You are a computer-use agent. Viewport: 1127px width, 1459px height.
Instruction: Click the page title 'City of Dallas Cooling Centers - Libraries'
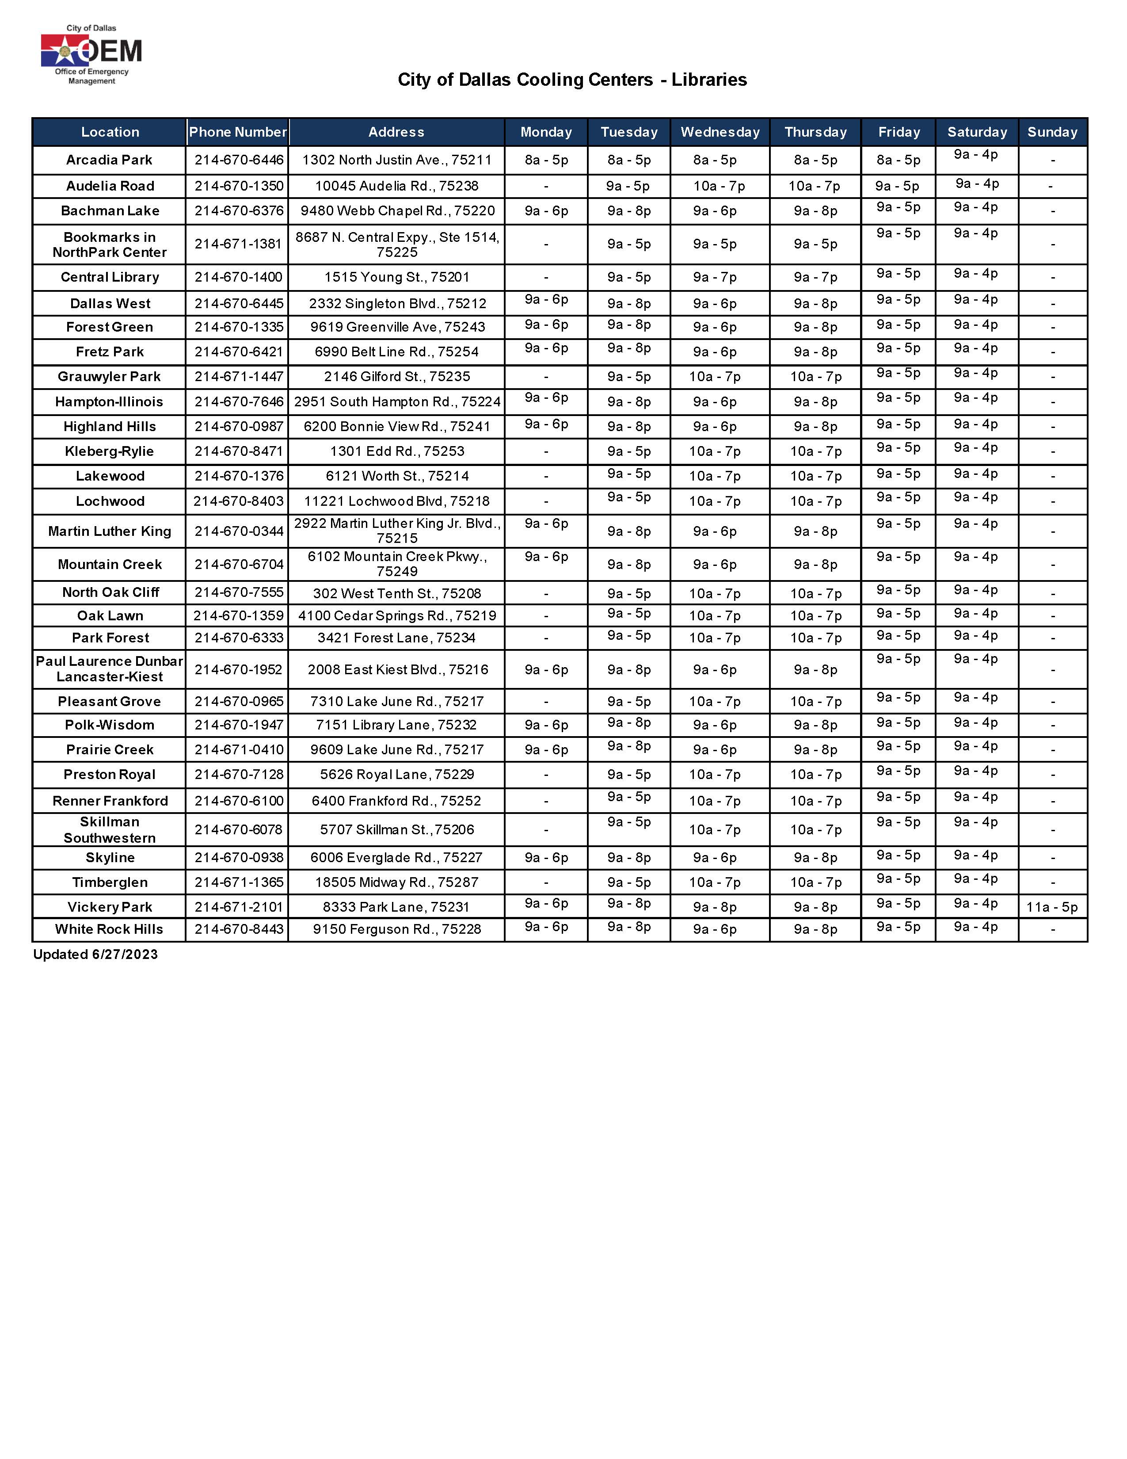click(572, 80)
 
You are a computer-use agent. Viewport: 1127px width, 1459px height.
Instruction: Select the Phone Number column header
click(238, 132)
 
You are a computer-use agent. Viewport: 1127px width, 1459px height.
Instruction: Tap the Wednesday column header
click(720, 132)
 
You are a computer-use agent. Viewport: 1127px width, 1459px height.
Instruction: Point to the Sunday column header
click(1052, 132)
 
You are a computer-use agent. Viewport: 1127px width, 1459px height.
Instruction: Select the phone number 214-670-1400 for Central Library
click(238, 277)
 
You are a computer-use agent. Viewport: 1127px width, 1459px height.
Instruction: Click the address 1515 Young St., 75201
click(396, 277)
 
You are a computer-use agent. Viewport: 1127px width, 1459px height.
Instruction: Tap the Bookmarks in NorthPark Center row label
click(110, 244)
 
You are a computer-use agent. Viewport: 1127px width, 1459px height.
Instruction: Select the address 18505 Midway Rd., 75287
click(396, 882)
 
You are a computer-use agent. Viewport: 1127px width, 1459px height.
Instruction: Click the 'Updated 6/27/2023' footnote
click(95, 955)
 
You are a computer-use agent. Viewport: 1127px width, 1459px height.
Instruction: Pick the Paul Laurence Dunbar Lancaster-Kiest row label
click(110, 668)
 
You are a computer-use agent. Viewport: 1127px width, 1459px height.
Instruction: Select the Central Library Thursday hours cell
click(815, 277)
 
